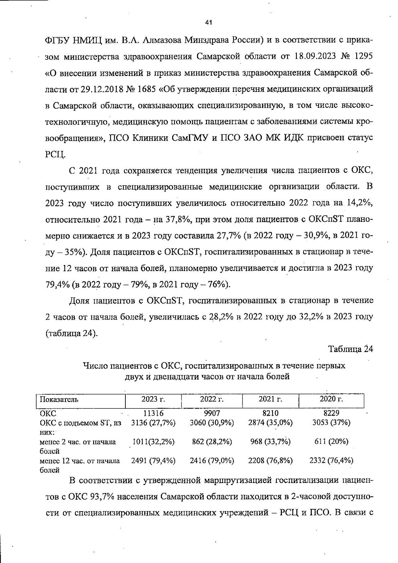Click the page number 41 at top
(x=208, y=23)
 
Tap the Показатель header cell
(x=59, y=399)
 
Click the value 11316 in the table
(x=153, y=413)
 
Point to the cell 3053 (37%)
(x=331, y=423)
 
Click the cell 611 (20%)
(x=331, y=442)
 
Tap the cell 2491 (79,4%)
(x=153, y=460)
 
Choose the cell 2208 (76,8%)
(x=270, y=460)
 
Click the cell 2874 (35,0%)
(x=270, y=423)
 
